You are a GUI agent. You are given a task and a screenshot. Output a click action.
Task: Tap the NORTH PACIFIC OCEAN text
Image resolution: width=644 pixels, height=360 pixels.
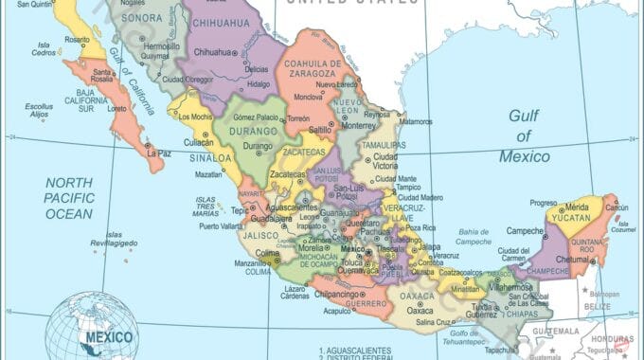tap(69, 199)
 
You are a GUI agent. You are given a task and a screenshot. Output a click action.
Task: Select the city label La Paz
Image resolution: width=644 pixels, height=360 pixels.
tap(158, 152)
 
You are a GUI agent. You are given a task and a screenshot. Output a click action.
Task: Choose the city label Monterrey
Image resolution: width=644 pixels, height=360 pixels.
tap(359, 125)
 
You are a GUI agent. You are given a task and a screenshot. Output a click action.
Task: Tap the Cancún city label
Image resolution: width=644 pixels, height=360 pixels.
tap(617, 207)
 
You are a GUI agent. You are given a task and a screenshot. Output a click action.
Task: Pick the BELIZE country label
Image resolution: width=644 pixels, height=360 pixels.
tap(598, 306)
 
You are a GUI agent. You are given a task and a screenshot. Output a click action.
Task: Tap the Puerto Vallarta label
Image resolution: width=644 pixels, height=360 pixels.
tap(221, 225)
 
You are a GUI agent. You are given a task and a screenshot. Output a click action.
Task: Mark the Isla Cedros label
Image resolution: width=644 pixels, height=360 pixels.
tap(44, 49)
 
